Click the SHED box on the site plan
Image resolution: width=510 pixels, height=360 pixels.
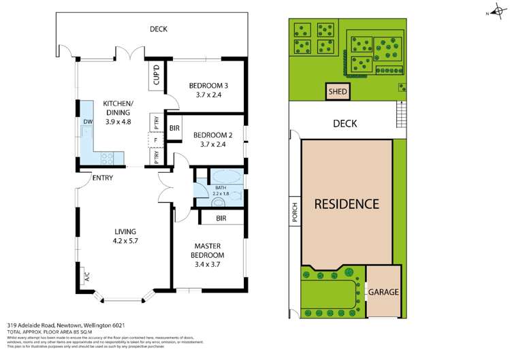tap(336, 91)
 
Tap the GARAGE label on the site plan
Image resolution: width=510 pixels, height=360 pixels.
tap(383, 292)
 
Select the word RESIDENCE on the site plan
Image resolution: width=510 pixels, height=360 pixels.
tap(346, 203)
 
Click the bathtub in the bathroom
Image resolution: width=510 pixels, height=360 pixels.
tap(221, 176)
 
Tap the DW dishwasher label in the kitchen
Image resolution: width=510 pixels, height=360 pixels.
tap(88, 122)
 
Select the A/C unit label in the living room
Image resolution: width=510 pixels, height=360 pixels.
tap(86, 276)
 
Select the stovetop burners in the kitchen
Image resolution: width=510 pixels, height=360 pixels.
tap(109, 157)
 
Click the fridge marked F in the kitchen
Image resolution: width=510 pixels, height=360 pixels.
tap(155, 140)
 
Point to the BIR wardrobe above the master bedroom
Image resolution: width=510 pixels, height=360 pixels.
tap(221, 218)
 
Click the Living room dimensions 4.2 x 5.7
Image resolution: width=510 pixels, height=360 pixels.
tap(126, 240)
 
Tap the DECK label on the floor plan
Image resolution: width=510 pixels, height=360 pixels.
tap(158, 29)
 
